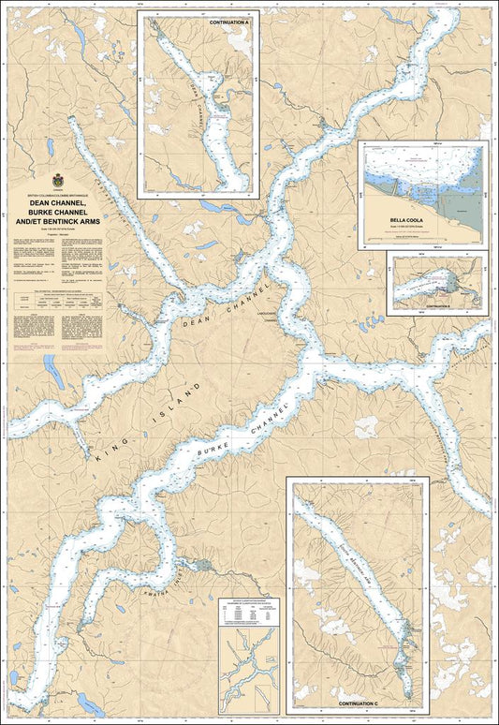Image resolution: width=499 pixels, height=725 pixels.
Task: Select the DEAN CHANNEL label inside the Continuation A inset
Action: pos(196,103)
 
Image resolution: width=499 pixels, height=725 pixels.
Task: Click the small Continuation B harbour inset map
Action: pos(437,282)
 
